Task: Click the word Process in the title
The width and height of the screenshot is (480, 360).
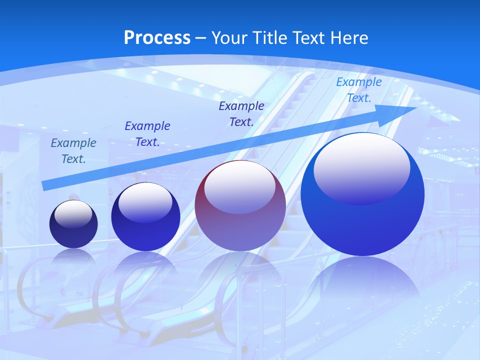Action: [157, 38]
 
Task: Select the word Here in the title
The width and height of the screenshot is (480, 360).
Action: [348, 38]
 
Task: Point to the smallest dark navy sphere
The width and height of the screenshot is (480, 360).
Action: [73, 224]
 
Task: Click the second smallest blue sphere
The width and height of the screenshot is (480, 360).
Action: [145, 217]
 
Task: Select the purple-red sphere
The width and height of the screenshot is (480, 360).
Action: [240, 206]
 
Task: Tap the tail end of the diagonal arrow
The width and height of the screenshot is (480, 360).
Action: [44, 185]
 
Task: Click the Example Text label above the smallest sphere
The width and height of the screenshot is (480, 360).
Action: [73, 151]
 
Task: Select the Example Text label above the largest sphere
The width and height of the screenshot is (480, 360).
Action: [358, 90]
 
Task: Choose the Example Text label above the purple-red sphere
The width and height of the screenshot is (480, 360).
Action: [241, 113]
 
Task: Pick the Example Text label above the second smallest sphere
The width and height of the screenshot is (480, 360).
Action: [147, 134]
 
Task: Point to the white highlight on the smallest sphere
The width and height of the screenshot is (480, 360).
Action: [73, 213]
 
